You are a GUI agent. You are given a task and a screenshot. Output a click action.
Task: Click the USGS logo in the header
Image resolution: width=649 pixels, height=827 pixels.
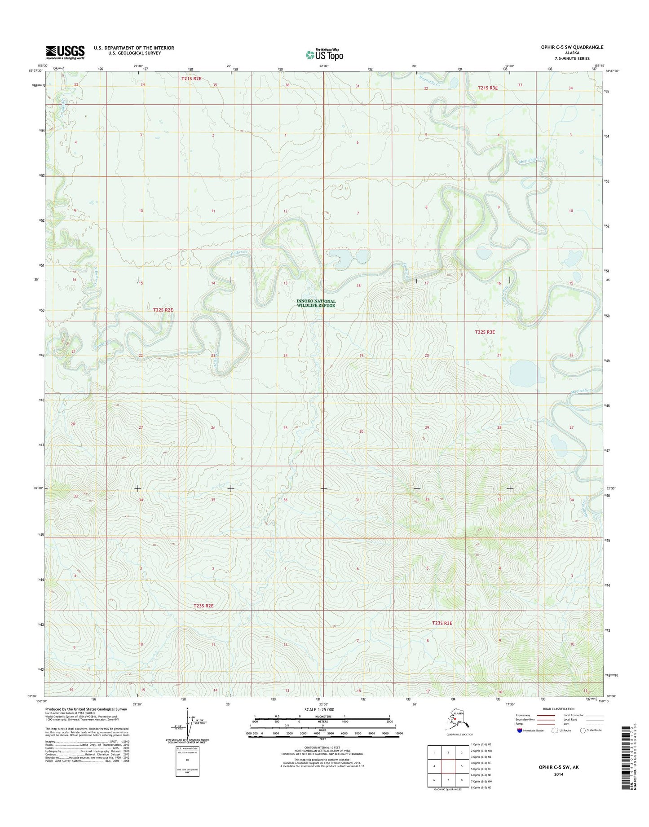65,52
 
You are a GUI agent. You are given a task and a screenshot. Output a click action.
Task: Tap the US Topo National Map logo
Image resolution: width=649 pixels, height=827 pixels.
324,54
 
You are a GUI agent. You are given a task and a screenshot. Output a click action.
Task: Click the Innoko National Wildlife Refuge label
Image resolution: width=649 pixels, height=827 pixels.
316,303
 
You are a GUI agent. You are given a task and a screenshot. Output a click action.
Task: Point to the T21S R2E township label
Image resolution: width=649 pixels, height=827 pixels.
191,79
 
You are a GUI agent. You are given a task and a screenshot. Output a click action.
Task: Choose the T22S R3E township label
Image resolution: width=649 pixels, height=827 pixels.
485,332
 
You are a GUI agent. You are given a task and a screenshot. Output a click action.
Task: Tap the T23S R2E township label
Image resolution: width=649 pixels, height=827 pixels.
203,606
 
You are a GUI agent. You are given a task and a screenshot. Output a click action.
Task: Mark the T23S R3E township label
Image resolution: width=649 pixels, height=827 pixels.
442,623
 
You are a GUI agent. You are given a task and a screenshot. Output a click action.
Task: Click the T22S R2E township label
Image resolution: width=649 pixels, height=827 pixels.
163,310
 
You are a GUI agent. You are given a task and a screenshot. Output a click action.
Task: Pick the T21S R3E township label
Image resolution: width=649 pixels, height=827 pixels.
488,88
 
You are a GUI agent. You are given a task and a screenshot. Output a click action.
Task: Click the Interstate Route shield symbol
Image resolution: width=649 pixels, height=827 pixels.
520,730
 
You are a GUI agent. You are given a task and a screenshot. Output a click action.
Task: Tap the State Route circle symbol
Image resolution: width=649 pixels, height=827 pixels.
583,730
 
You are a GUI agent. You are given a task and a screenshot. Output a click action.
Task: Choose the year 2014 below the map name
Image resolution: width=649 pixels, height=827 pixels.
559,774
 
